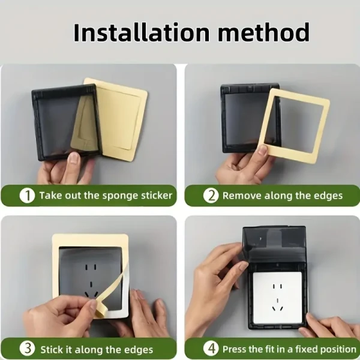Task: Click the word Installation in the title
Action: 142,32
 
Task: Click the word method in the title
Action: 264,32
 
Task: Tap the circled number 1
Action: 27,196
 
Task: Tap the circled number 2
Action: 211,196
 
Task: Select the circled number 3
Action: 27,348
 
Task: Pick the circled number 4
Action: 211,348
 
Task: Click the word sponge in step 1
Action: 120,196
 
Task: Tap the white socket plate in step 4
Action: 277,298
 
